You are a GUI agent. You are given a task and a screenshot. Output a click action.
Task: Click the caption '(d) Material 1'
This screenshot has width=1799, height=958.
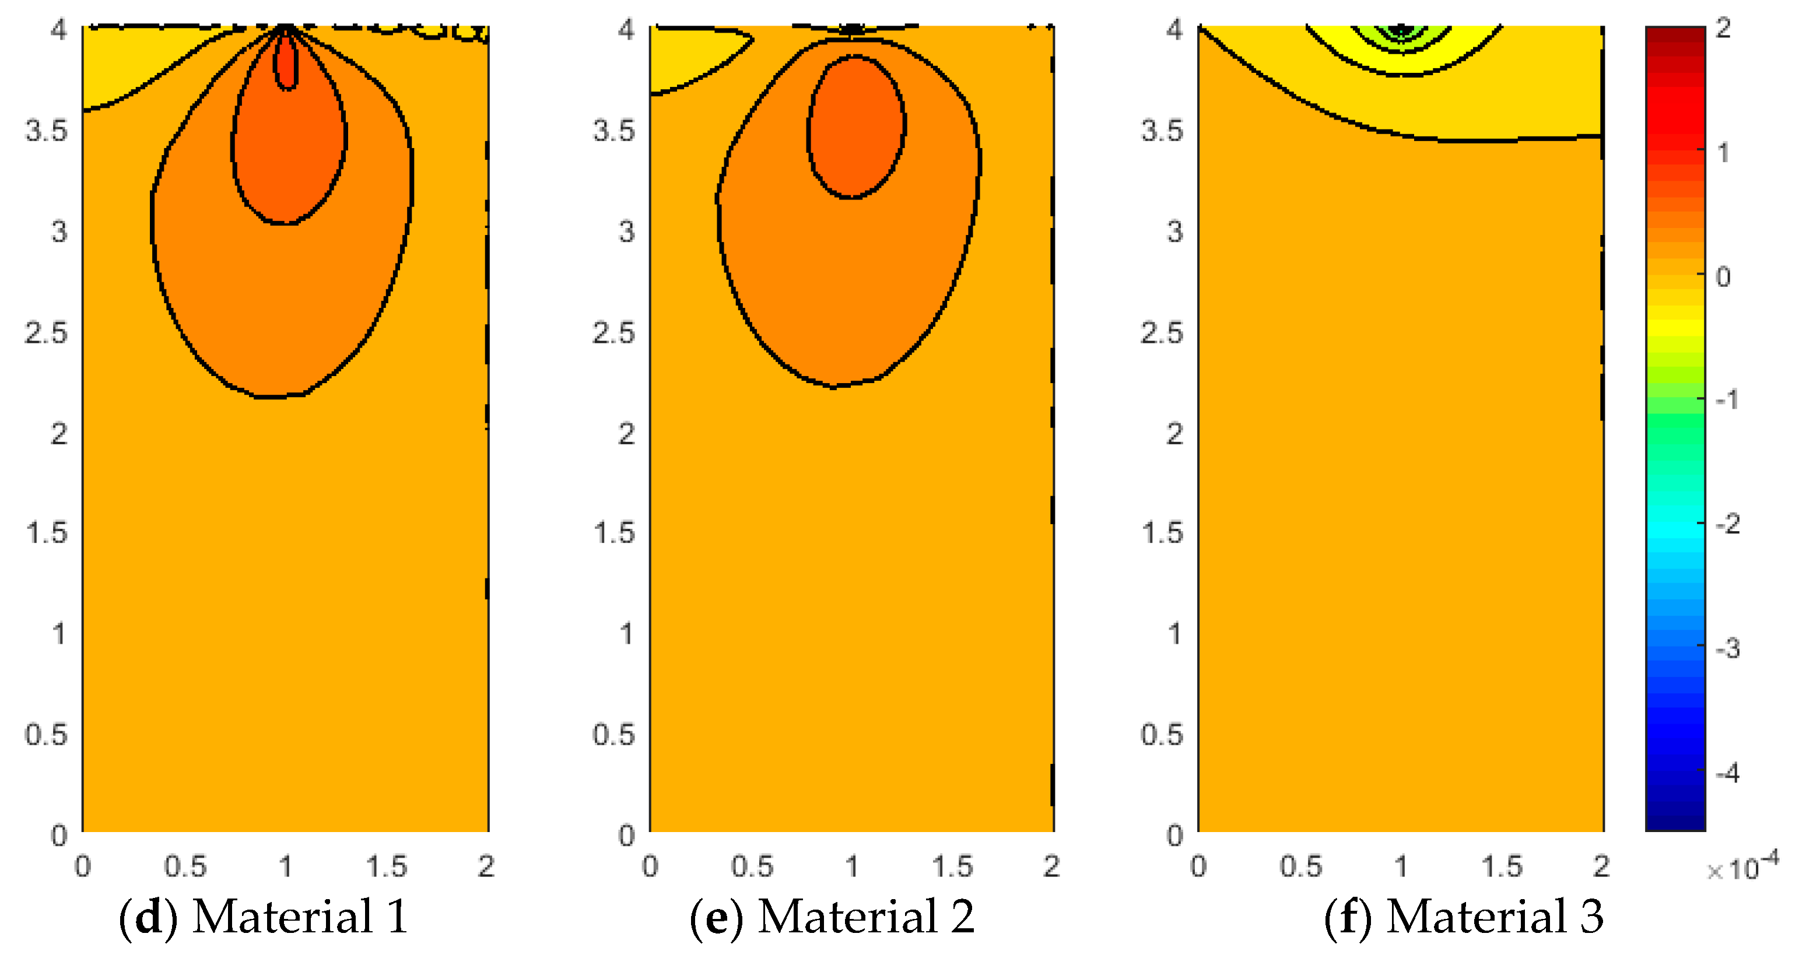[x=263, y=916]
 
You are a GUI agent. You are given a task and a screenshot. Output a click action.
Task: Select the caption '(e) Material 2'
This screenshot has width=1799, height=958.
[x=831, y=916]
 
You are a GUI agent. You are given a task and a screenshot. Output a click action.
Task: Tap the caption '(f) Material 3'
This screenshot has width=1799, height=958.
[x=1464, y=916]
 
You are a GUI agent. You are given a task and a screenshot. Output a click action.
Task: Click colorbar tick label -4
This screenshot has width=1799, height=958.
[x=1727, y=774]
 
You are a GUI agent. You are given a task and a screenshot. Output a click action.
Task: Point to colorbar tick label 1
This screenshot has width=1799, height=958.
[x=1723, y=152]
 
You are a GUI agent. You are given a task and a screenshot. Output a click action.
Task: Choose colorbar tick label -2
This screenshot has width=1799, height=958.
[x=1727, y=524]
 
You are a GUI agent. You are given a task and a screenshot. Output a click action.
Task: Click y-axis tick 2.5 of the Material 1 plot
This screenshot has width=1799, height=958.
[x=46, y=332]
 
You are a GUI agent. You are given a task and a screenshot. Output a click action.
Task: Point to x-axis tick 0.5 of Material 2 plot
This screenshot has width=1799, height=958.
[x=752, y=866]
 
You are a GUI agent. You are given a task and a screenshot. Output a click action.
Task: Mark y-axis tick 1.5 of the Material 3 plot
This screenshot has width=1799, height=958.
[x=1162, y=533]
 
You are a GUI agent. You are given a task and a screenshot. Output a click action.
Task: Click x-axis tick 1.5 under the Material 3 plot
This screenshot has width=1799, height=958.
[x=1502, y=866]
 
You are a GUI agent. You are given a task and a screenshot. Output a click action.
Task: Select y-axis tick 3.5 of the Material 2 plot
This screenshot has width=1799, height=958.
[x=614, y=131]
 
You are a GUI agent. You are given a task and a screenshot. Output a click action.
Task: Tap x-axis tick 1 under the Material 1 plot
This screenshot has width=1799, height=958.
[x=285, y=866]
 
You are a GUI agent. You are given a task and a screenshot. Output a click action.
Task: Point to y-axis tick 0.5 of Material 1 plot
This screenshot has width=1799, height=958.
[x=46, y=735]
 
